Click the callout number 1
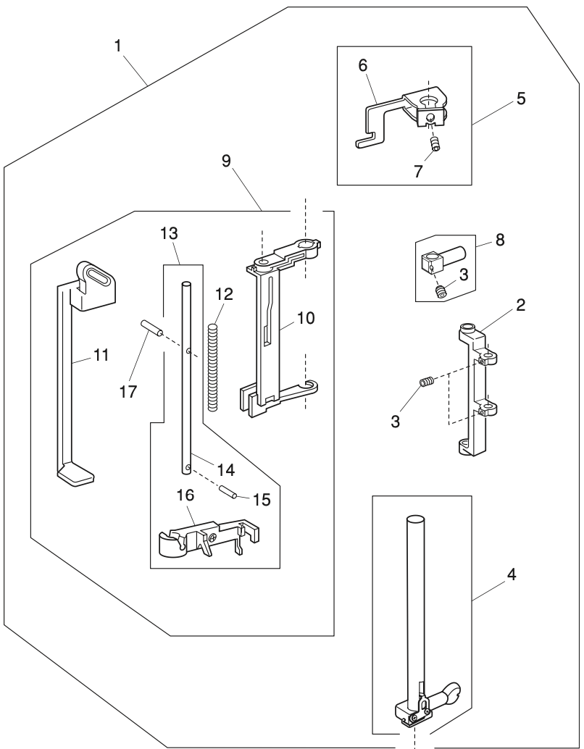118,45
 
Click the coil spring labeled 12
212,367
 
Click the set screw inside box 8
439,292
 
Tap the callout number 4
512,577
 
